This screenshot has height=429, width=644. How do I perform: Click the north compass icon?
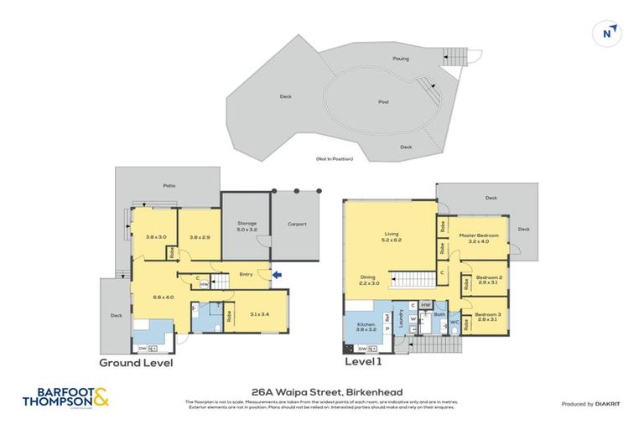610,34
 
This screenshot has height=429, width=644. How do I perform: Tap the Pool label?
383,102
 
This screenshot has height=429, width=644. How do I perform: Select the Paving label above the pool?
401,58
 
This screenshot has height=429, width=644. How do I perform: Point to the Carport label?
296,224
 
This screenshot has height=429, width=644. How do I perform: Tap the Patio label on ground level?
169,186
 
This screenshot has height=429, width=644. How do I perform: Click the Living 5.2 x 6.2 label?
391,237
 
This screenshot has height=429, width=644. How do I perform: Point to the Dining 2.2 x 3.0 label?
368,280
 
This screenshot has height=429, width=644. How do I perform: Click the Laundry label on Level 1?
401,318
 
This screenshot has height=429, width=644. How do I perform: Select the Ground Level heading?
136,363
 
